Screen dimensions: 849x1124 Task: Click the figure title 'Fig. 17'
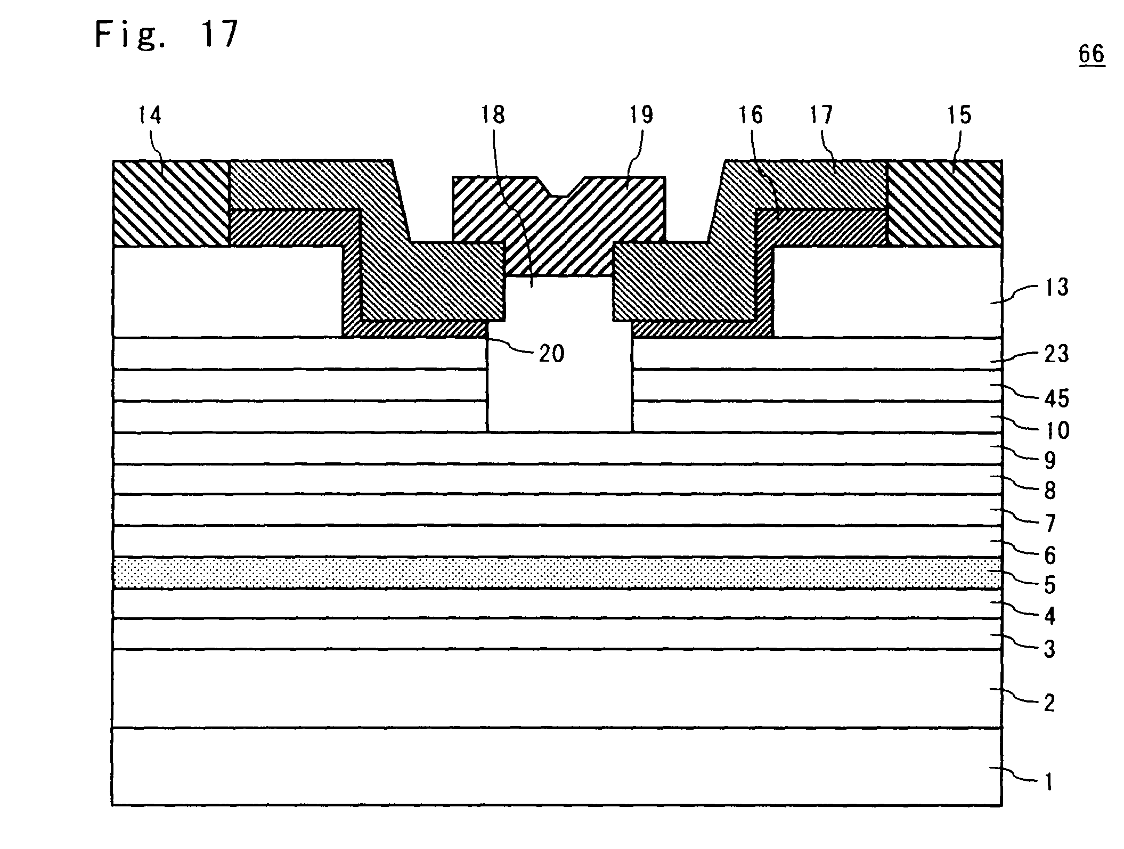(166, 35)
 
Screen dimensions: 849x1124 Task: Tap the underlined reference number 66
(1092, 54)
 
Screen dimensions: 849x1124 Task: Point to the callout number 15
(959, 116)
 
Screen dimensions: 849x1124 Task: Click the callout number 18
(493, 116)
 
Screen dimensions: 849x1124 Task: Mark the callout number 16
(750, 116)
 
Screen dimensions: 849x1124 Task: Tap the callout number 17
(821, 116)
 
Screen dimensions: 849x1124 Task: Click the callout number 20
(551, 353)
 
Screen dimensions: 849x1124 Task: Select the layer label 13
(1057, 288)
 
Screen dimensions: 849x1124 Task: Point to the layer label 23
(1057, 353)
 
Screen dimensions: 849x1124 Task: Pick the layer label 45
(1057, 398)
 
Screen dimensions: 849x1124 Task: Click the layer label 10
(1057, 430)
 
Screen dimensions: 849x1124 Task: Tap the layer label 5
(1050, 586)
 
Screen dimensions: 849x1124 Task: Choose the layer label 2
(1049, 704)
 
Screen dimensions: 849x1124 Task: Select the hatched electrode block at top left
(170, 203)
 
